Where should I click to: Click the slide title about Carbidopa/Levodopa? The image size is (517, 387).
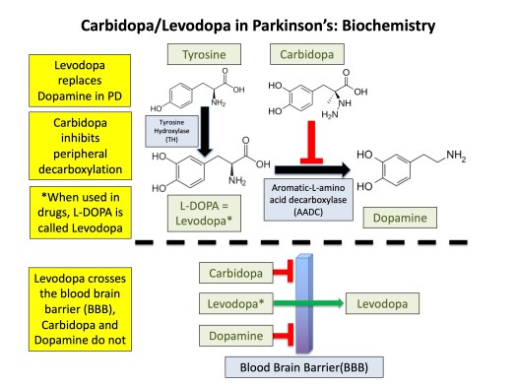(258, 22)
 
